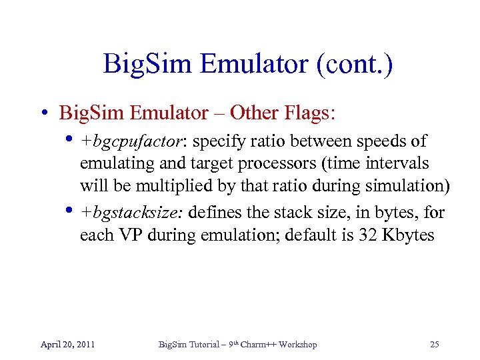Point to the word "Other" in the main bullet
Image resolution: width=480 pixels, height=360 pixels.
click(252, 113)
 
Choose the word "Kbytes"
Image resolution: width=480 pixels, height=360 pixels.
click(407, 236)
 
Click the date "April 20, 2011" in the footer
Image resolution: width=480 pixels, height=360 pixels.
click(67, 345)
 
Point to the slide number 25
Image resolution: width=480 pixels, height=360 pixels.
click(435, 345)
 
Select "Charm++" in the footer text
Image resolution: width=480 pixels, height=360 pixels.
click(256, 345)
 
